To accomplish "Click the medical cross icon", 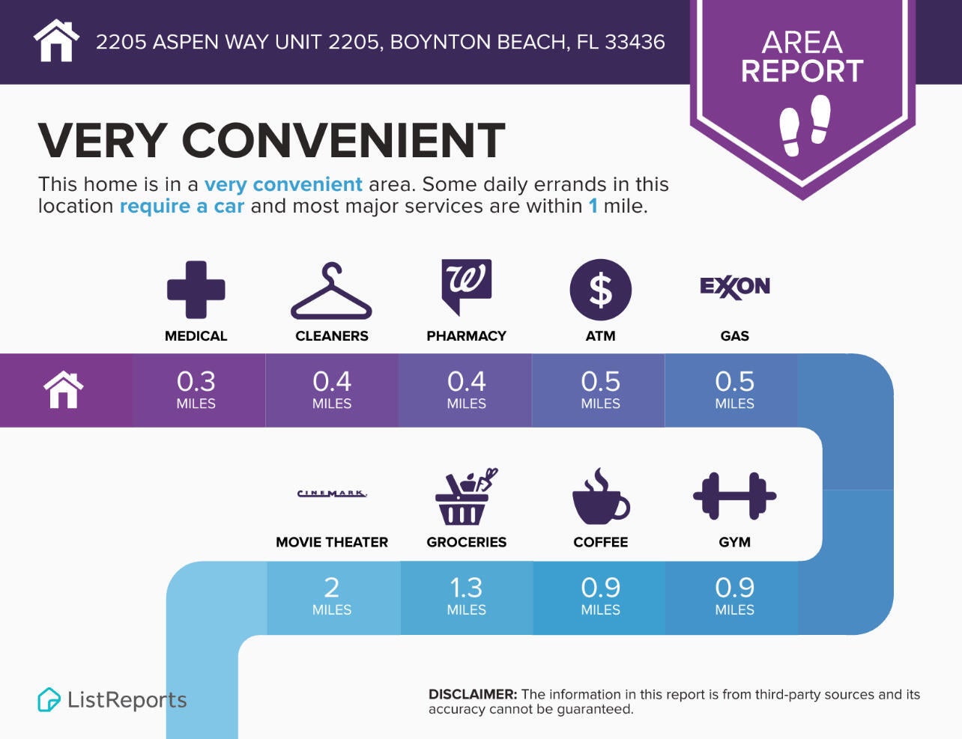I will pyautogui.click(x=196, y=290).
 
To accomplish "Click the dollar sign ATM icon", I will pyautogui.click(x=600, y=290).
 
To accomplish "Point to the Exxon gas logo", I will pyautogui.click(x=734, y=287).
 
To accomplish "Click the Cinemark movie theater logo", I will pyautogui.click(x=332, y=493).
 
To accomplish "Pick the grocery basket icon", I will pyautogui.click(x=465, y=496).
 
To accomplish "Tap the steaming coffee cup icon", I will pyautogui.click(x=600, y=496).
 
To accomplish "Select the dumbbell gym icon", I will pyautogui.click(x=734, y=496).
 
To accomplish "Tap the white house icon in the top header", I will pyautogui.click(x=57, y=41).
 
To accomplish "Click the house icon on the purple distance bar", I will pyautogui.click(x=64, y=390).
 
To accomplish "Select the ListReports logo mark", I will pyautogui.click(x=49, y=700).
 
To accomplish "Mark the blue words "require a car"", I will pyautogui.click(x=182, y=206).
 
